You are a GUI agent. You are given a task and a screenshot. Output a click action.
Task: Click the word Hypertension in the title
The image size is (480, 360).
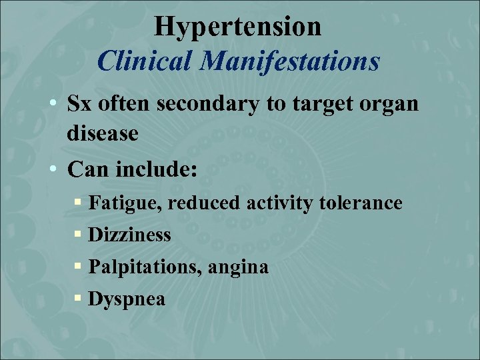click(x=238, y=27)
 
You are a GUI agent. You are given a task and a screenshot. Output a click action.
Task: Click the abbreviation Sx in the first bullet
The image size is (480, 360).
click(x=81, y=105)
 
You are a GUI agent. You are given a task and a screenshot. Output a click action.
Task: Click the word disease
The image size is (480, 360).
click(x=102, y=134)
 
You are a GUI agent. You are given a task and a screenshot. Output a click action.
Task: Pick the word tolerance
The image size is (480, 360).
click(x=361, y=202)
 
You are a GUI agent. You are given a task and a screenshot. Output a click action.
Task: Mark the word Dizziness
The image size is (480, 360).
click(x=129, y=235)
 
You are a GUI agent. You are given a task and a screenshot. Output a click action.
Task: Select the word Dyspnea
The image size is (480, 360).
click(x=126, y=300)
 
